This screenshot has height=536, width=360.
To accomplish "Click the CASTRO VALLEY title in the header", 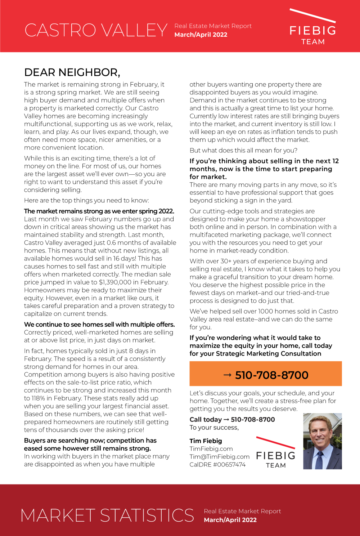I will click(96, 30).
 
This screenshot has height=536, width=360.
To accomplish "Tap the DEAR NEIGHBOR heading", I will click(72, 72).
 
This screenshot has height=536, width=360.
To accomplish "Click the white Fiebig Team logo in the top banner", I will click(312, 29).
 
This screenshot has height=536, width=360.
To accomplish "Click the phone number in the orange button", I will click(271, 375).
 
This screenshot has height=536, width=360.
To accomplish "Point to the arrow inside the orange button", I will click(227, 375).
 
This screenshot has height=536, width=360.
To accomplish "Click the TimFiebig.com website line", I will click(211, 449).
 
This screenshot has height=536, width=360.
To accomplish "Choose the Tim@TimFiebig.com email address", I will click(219, 457).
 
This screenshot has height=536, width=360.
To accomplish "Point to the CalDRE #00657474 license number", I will click(217, 465).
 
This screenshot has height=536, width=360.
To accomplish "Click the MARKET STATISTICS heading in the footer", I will click(107, 515).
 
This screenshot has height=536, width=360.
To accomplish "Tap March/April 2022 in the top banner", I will click(201, 35).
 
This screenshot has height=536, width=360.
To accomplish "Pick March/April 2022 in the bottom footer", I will click(230, 520).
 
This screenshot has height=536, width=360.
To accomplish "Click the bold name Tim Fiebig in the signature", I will click(206, 441).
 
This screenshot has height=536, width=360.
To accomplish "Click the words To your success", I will click(214, 428).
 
